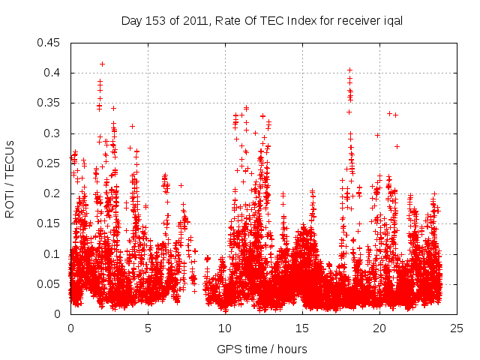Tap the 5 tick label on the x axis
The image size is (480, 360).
148,328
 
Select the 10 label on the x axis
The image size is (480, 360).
225,328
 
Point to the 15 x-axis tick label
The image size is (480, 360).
302,328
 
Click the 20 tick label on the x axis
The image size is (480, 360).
379,328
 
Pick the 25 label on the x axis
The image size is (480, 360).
457,328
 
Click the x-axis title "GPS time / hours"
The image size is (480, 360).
262,349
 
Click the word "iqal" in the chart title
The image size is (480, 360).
392,21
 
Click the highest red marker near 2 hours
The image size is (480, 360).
102,64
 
